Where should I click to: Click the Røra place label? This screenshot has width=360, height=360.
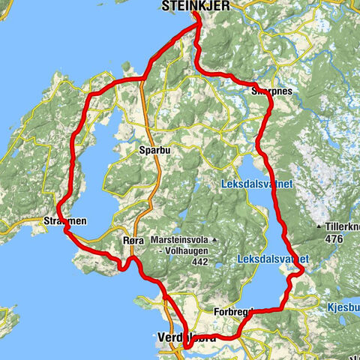pos(131,242)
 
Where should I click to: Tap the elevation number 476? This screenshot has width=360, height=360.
pos(334,238)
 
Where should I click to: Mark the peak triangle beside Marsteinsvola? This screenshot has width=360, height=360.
pos(214,240)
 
